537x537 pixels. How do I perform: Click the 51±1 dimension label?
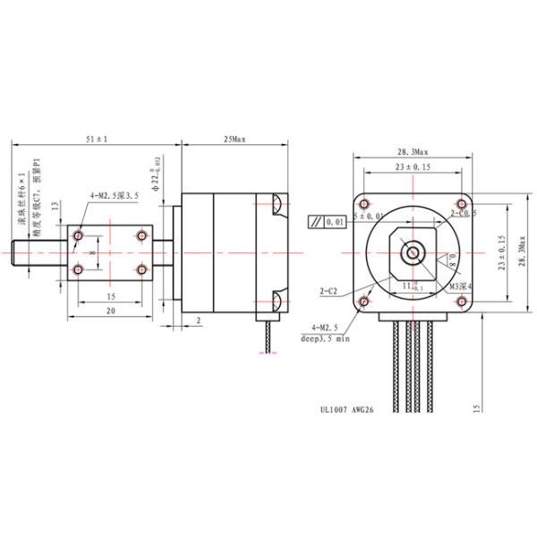(96, 140)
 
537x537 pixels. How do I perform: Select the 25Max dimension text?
(235, 140)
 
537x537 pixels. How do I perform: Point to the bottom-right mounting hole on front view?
(464, 301)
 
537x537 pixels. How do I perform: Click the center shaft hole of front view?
(413, 251)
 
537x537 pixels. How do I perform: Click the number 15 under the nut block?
(111, 295)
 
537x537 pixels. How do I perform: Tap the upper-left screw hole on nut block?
(79, 235)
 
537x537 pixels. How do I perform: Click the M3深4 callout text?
(460, 286)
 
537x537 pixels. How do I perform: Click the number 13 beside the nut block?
(55, 205)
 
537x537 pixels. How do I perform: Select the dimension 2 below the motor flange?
(198, 319)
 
